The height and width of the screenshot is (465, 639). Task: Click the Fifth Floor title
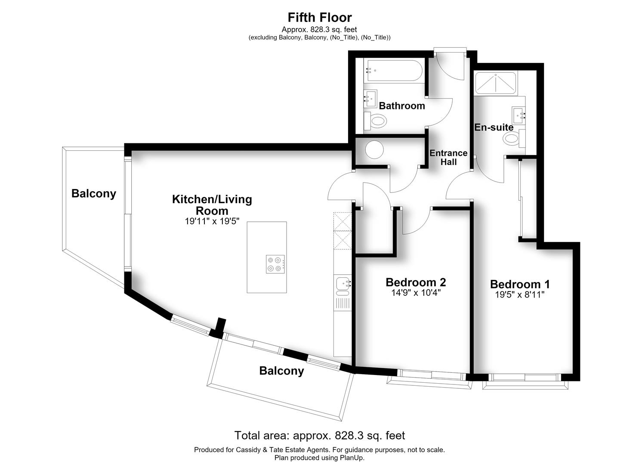(319, 17)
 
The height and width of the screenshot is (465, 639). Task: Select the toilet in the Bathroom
(375, 121)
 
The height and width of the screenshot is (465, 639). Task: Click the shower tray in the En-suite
(496, 84)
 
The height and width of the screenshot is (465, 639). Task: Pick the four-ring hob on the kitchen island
(275, 264)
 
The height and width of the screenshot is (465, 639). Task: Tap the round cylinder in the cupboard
(374, 150)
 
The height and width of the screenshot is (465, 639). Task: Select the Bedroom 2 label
(416, 282)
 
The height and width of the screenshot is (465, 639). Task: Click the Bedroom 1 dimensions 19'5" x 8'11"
(519, 294)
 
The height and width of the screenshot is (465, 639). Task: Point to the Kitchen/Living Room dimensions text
(212, 221)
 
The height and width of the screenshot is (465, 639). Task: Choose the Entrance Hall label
(448, 158)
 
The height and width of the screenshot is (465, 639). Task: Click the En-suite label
(494, 127)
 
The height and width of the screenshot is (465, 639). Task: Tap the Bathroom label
(402, 106)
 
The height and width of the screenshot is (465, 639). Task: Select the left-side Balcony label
(93, 194)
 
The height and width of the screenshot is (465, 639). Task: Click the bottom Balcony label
(281, 371)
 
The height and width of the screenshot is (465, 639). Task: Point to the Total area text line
(319, 435)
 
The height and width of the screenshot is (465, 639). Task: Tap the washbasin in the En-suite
(519, 115)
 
